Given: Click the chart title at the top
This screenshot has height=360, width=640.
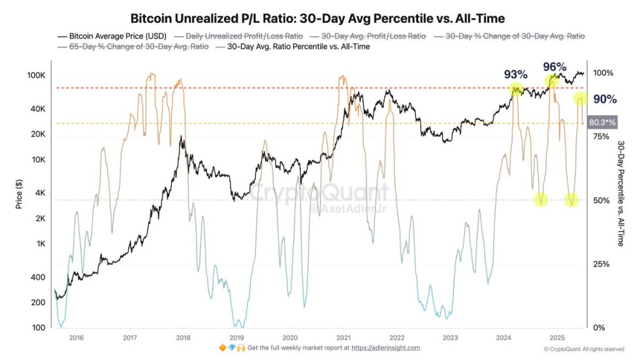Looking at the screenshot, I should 317,18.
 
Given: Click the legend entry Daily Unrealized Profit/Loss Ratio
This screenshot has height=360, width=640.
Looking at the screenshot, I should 244,37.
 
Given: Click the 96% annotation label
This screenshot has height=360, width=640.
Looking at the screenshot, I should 555,67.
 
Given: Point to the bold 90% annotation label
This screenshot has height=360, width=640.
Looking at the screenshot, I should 605,99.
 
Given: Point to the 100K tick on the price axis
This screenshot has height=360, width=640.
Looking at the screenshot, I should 36,76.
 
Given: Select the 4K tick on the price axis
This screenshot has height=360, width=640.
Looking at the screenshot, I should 40,193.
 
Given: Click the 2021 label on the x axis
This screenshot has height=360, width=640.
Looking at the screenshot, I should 344,338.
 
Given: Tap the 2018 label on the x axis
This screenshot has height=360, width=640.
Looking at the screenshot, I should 184,338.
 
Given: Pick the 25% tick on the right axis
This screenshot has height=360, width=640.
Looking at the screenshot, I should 600,264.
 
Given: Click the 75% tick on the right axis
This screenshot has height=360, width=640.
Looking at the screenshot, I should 600,137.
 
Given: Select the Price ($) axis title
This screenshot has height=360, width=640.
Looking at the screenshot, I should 20,192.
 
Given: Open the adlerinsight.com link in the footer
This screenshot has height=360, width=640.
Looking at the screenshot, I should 385,348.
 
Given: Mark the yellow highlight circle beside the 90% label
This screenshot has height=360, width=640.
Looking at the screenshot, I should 581,99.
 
